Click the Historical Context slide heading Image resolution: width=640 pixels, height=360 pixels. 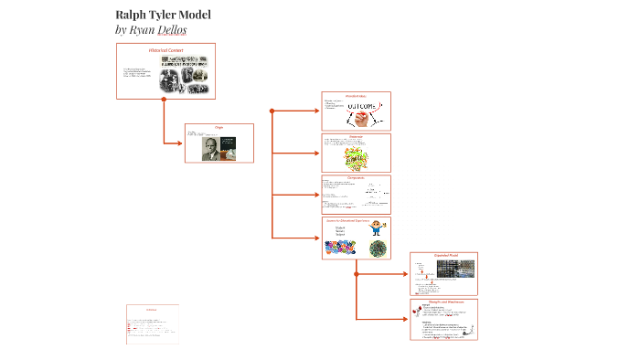click(x=166, y=49)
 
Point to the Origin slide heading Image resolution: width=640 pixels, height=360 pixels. click(x=219, y=128)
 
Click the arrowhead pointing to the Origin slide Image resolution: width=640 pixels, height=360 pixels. click(x=180, y=143)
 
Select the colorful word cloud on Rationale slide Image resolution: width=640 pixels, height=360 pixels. click(x=357, y=157)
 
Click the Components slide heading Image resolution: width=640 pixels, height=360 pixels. click(x=357, y=178)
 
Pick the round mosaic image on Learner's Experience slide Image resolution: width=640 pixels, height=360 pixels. click(x=377, y=248)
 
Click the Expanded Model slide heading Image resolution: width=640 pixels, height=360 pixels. click(x=445, y=256)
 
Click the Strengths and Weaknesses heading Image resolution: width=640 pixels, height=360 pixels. click(x=445, y=301)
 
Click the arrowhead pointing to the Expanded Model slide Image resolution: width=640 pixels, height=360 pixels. click(x=405, y=270)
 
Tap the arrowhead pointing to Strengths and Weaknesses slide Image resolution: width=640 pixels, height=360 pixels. click(x=405, y=319)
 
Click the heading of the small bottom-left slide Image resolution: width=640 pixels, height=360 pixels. click(x=152, y=310)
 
